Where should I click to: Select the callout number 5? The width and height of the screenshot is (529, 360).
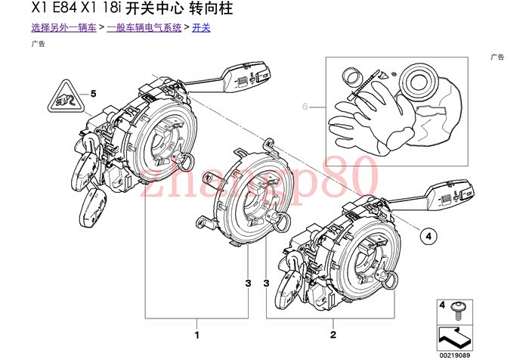94,94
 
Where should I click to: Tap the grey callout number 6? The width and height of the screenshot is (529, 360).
306,107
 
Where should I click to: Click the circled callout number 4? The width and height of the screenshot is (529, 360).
428,236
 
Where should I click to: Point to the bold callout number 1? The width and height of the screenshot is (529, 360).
197,334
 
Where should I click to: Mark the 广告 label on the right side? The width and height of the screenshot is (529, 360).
497,57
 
